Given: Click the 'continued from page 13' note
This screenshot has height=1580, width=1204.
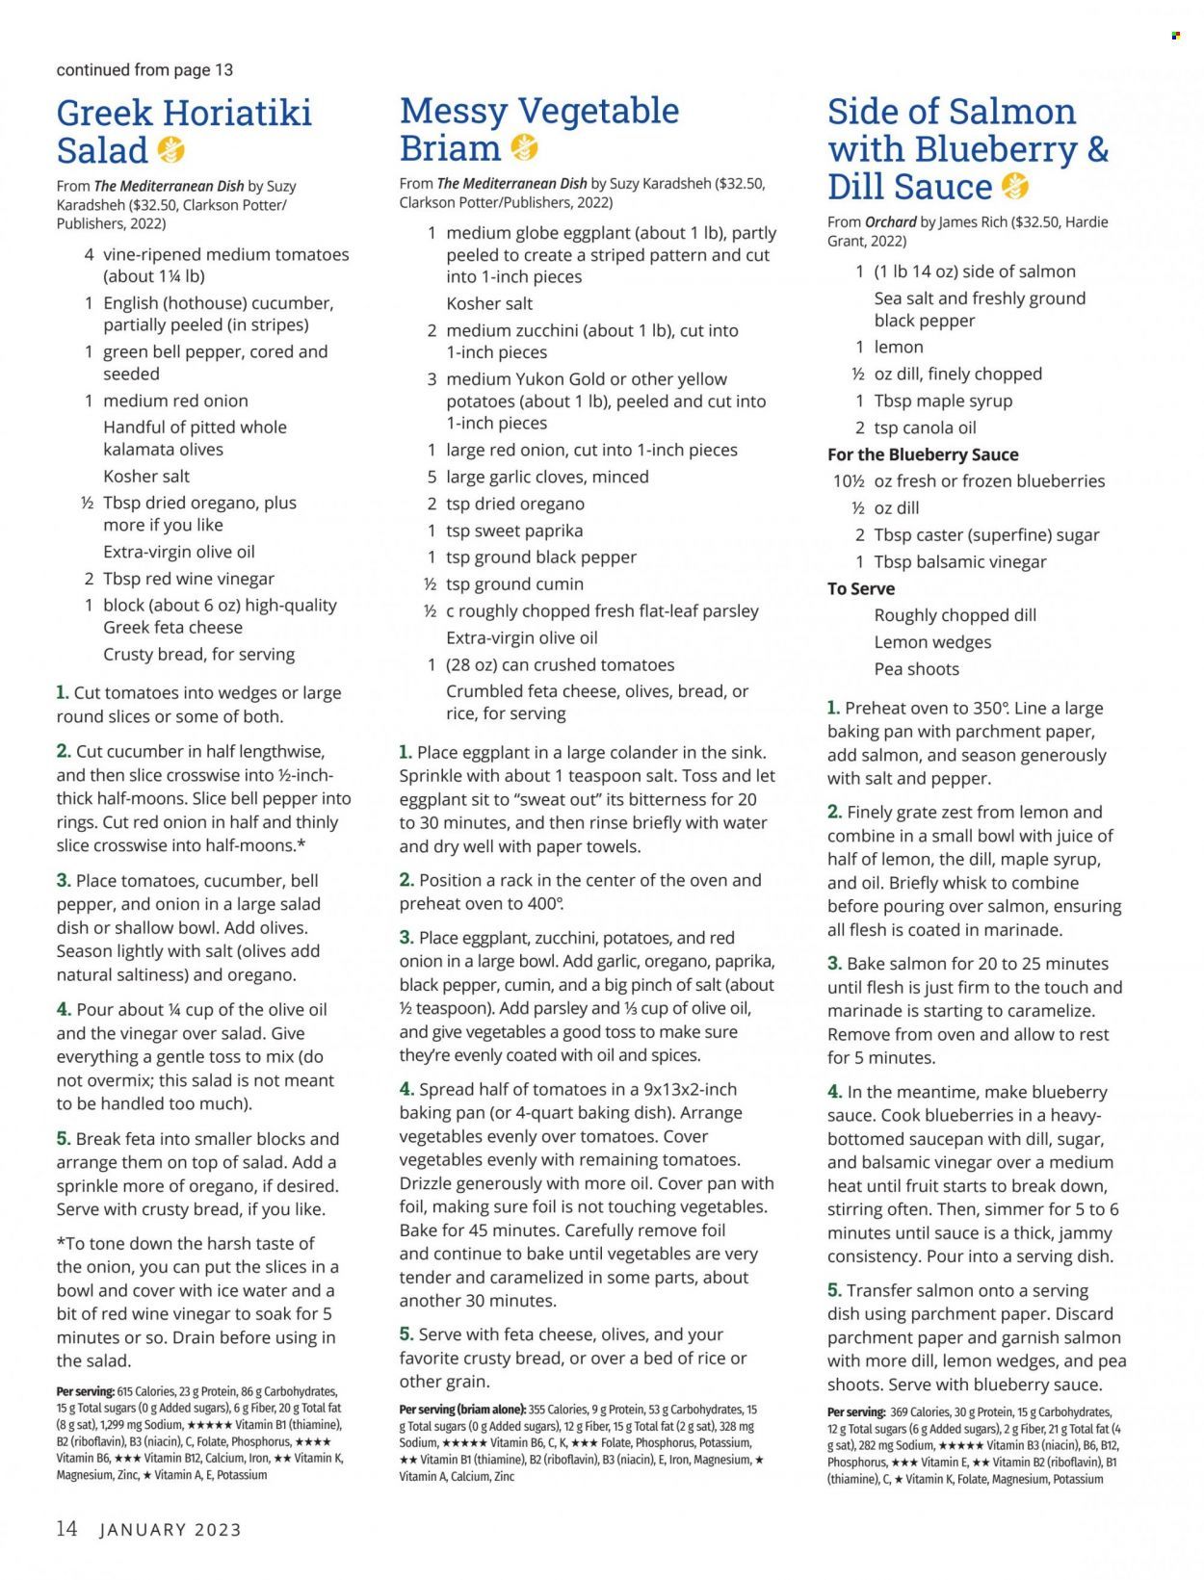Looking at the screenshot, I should (x=144, y=70).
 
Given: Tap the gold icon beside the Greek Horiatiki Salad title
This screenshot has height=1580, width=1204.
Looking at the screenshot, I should (x=170, y=150).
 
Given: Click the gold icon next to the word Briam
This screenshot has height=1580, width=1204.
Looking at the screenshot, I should (x=524, y=147).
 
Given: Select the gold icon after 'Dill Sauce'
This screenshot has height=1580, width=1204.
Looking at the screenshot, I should (x=1015, y=186).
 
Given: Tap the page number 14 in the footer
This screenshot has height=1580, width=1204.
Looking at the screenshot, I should (x=66, y=1529).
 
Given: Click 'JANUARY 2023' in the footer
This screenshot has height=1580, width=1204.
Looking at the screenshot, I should (x=170, y=1530).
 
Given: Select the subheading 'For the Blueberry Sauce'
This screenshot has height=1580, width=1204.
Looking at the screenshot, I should (x=923, y=454).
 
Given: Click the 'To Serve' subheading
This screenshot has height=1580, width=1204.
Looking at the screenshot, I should (x=861, y=588).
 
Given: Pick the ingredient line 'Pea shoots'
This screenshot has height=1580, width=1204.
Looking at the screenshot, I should (x=916, y=669).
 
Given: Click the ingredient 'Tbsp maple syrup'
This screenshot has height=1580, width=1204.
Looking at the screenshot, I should (x=943, y=401).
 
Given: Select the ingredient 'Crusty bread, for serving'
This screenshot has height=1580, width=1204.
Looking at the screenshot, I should (x=199, y=655).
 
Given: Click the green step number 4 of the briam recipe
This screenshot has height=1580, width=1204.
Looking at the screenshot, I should (x=407, y=1089).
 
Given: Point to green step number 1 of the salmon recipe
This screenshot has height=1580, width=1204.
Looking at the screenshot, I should (x=833, y=708).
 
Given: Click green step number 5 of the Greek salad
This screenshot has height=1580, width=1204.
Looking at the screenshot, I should (x=63, y=1138).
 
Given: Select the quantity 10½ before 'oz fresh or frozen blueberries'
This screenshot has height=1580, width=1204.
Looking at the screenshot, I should (x=848, y=481).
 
